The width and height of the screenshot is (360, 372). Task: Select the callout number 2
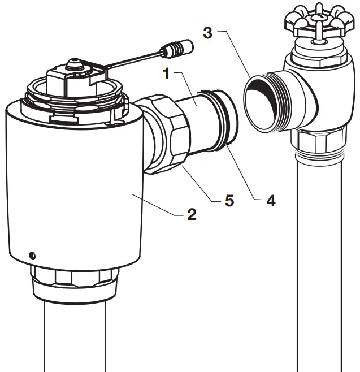tap(192, 214)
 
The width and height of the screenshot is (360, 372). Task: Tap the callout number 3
tap(207, 32)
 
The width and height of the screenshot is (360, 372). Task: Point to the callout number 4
tap(271, 200)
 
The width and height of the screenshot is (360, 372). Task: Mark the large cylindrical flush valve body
tap(73, 181)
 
